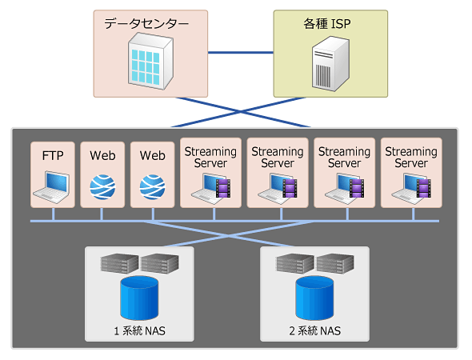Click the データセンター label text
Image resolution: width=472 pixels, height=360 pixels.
(146, 23)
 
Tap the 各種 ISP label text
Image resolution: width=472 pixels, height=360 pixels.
(327, 23)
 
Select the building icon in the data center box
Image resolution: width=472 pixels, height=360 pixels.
(150, 61)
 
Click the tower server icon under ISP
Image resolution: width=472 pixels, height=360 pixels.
(330, 64)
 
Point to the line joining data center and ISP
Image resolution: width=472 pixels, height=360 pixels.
(241, 53)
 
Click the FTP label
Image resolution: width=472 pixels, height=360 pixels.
(53, 156)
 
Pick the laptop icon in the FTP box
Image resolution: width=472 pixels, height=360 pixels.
(51, 187)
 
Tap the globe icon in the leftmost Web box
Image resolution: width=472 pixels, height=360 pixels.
(102, 187)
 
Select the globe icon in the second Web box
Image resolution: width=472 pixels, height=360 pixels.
(152, 187)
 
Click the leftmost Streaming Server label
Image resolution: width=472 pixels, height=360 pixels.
(210, 157)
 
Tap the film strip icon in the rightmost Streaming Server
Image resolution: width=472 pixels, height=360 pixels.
(424, 188)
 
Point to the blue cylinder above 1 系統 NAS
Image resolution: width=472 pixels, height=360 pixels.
(139, 298)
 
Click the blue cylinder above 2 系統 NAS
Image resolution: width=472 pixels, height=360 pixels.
(314, 298)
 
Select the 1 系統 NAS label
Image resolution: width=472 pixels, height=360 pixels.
(139, 331)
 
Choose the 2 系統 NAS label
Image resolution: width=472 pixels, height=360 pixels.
(315, 331)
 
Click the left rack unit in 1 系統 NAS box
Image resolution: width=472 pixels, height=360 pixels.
(119, 264)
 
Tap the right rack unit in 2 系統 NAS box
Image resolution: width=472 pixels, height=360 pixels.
(335, 264)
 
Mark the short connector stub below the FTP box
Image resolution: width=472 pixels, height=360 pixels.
(54, 214)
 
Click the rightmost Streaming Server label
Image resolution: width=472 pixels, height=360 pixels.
(411, 157)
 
